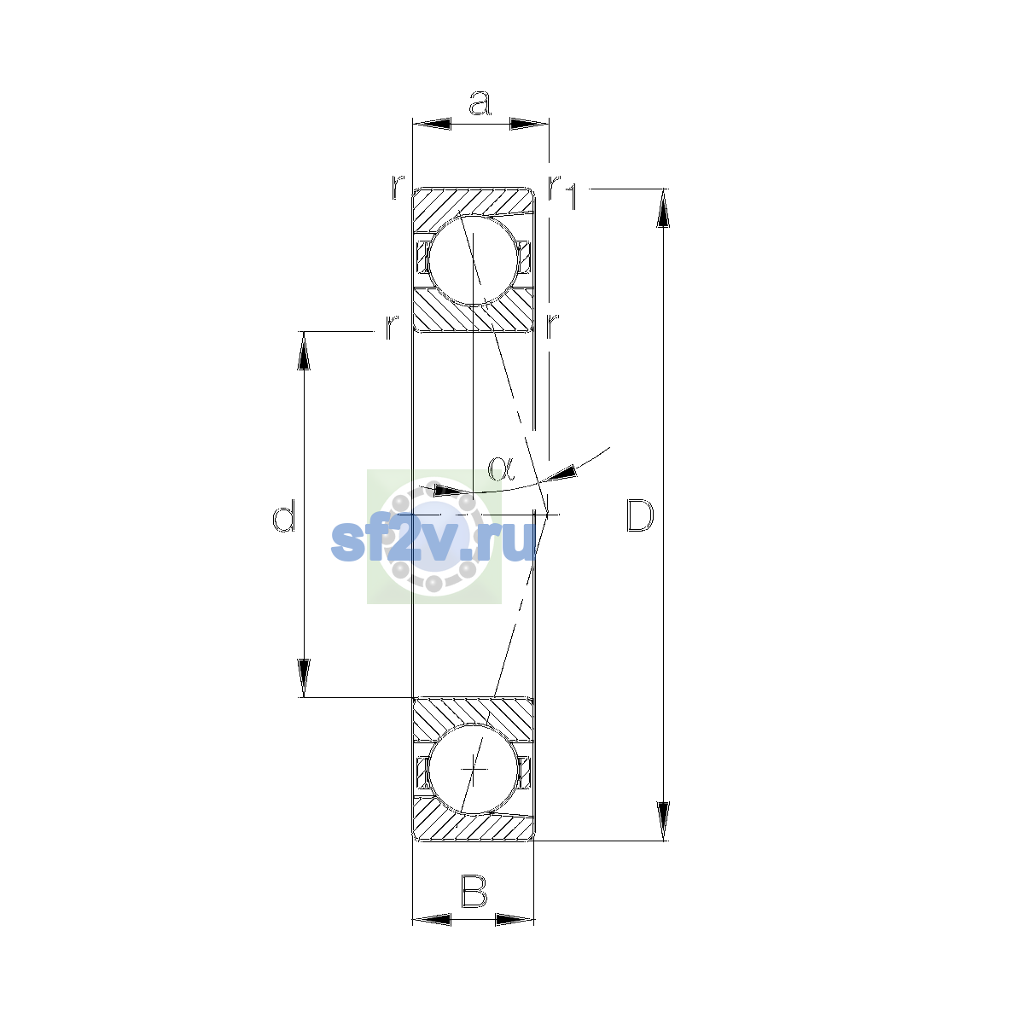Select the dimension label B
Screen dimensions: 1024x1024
click(x=474, y=891)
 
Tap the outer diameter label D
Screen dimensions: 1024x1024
click(x=640, y=515)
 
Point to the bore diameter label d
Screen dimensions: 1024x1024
click(x=283, y=515)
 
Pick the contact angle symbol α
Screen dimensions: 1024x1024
click(x=501, y=468)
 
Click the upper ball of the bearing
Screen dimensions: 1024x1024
click(x=473, y=260)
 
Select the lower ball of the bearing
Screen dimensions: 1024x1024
click(x=473, y=769)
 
